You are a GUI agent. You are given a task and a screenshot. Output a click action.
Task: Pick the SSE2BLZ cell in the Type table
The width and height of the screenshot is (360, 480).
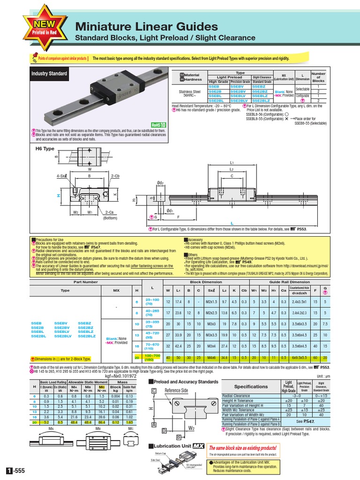click(262, 100)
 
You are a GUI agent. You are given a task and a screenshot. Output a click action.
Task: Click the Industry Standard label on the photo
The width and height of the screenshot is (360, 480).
click(49, 74)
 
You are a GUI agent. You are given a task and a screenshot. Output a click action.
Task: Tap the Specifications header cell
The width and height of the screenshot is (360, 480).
click(251, 387)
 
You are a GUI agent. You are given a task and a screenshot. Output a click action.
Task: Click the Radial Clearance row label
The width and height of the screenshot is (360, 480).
click(236, 396)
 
